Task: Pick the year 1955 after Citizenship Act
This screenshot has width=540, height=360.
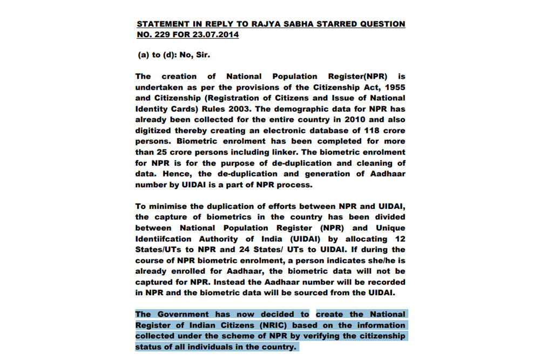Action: click(x=393, y=87)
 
